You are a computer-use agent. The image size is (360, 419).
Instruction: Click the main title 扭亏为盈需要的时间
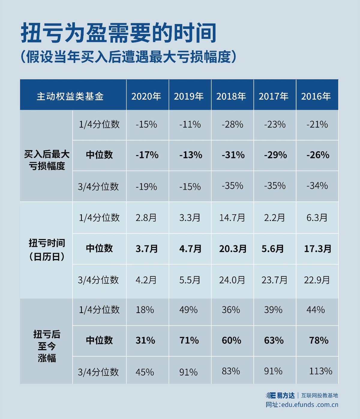point(118,33)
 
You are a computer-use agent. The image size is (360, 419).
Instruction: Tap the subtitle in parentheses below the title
point(128,57)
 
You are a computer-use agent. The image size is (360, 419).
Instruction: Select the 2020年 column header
point(146,96)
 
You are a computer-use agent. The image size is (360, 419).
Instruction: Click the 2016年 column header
point(316,96)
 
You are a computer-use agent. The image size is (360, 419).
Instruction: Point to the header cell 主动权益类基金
point(70,96)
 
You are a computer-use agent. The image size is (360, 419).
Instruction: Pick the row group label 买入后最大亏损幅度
point(47,160)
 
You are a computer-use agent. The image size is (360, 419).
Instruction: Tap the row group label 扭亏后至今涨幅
point(47,346)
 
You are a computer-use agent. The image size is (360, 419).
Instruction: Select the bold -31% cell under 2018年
point(233,155)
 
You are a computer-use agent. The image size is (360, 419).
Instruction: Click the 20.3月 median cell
point(233,249)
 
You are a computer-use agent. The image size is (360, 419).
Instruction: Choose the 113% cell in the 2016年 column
point(320,371)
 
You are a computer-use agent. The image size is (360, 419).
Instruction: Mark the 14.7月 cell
point(232,218)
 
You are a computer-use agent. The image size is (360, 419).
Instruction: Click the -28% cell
point(232,124)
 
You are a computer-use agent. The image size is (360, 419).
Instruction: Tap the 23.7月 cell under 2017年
point(274,280)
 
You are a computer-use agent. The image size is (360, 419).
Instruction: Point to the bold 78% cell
point(319,340)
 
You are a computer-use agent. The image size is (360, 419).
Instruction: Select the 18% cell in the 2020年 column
point(145,310)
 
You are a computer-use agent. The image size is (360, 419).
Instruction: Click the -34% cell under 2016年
point(317,186)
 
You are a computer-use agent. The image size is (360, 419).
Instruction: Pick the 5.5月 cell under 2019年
point(190,280)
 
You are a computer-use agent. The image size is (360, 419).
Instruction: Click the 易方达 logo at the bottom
point(280,395)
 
